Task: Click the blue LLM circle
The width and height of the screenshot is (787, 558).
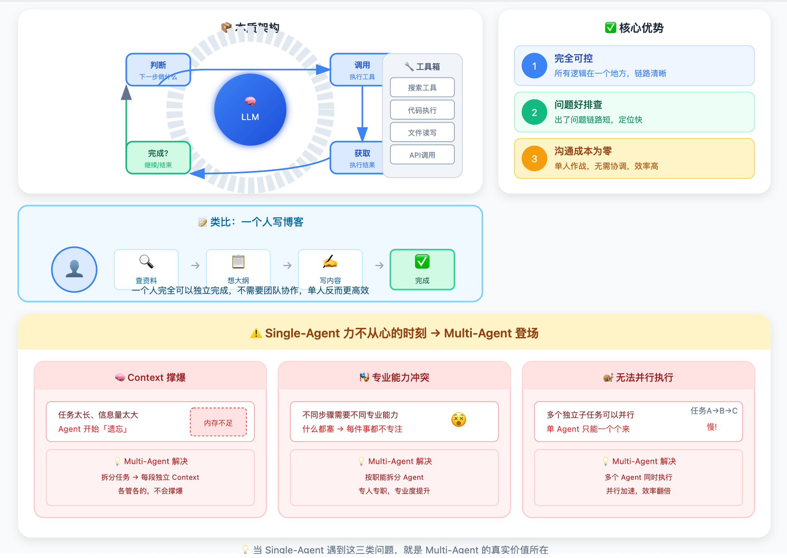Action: click(250, 110)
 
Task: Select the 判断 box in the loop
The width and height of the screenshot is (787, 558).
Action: click(158, 70)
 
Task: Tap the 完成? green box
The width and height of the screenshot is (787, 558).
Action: click(158, 158)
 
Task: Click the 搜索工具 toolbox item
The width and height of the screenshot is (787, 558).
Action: click(422, 87)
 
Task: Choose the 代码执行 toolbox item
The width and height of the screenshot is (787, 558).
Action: click(422, 110)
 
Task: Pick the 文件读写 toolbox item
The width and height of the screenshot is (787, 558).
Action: click(422, 132)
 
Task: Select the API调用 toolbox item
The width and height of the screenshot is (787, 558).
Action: click(422, 155)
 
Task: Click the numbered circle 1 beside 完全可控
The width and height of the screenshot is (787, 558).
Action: click(534, 66)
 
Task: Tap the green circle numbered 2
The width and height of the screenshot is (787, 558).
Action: click(534, 112)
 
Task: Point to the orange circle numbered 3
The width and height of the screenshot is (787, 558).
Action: click(534, 159)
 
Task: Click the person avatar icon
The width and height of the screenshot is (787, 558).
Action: click(74, 269)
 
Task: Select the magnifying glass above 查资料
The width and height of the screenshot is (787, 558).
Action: click(146, 262)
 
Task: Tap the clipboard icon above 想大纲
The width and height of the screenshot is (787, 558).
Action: click(238, 262)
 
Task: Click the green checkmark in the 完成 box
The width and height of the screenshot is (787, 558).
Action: click(422, 262)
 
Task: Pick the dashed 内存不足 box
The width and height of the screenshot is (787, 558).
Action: click(218, 422)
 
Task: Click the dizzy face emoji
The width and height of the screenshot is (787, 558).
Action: click(459, 420)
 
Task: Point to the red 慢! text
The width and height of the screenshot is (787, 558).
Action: click(712, 427)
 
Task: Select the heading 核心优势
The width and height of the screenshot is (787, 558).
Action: click(641, 28)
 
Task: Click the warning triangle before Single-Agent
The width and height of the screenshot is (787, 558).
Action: click(256, 333)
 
